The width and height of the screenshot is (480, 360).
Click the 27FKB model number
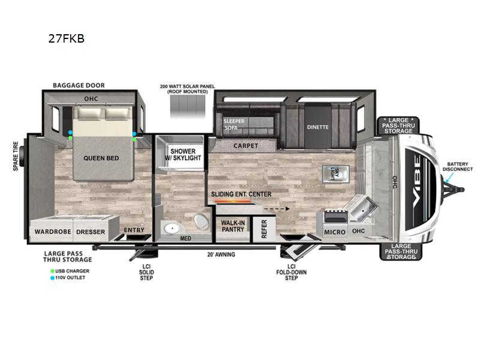click(67, 39)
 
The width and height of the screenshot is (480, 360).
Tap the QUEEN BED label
click(101, 158)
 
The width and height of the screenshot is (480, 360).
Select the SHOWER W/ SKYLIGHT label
click(183, 155)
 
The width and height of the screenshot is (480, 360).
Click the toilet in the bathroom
click(201, 222)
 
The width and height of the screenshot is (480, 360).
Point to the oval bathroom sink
click(172, 228)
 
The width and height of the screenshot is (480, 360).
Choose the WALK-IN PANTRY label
click(233, 226)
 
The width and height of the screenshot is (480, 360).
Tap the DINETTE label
click(318, 127)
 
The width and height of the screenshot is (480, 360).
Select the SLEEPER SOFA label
click(233, 124)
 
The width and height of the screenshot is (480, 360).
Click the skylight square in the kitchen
click(335, 173)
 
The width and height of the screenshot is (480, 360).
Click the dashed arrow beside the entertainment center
click(277, 209)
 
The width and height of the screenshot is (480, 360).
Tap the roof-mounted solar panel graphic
click(188, 106)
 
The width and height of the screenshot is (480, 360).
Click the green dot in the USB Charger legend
click(52, 271)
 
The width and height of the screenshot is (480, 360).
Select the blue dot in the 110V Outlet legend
click(52, 278)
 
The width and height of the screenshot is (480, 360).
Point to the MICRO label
click(335, 232)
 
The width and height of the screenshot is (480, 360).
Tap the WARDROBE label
click(53, 232)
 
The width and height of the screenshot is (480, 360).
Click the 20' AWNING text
click(221, 254)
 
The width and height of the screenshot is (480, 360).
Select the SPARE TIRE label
click(16, 156)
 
